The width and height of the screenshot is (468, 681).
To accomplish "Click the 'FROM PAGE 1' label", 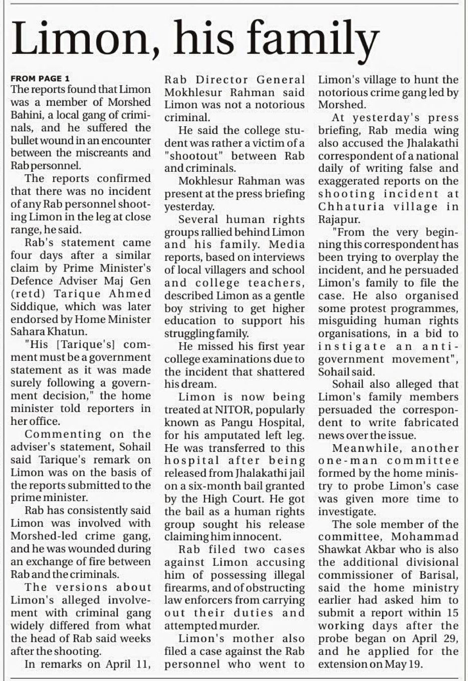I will [40, 78].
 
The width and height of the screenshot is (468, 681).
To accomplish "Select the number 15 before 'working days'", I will [452, 612].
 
